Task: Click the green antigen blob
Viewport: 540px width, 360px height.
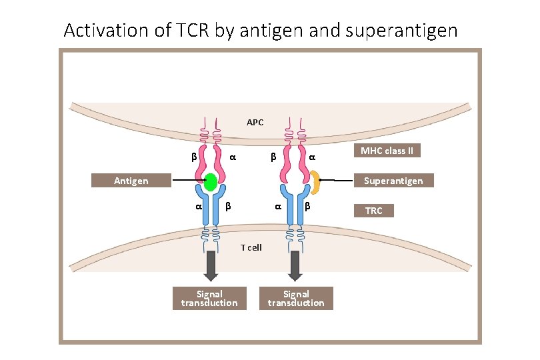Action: pyautogui.click(x=211, y=182)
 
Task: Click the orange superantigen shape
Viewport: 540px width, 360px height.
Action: pyautogui.click(x=315, y=182)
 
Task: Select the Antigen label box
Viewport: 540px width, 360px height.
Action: pyautogui.click(x=131, y=181)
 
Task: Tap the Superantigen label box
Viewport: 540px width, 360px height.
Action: pyautogui.click(x=393, y=181)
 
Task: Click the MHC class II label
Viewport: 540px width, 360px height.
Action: pyautogui.click(x=387, y=151)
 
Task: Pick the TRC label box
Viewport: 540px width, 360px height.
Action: pyautogui.click(x=374, y=211)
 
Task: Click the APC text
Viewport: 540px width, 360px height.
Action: pyautogui.click(x=255, y=122)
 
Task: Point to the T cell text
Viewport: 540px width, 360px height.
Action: pyautogui.click(x=251, y=247)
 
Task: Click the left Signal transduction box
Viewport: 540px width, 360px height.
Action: pyautogui.click(x=209, y=298)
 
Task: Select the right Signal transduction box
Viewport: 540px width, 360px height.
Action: pyautogui.click(x=295, y=298)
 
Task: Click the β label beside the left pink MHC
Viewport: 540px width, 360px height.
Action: pyautogui.click(x=193, y=158)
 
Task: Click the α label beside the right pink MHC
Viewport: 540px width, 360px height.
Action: pyautogui.click(x=311, y=158)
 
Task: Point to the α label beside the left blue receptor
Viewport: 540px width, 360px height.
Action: pyautogui.click(x=198, y=207)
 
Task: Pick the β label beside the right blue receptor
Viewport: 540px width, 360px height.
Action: pyautogui.click(x=307, y=207)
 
